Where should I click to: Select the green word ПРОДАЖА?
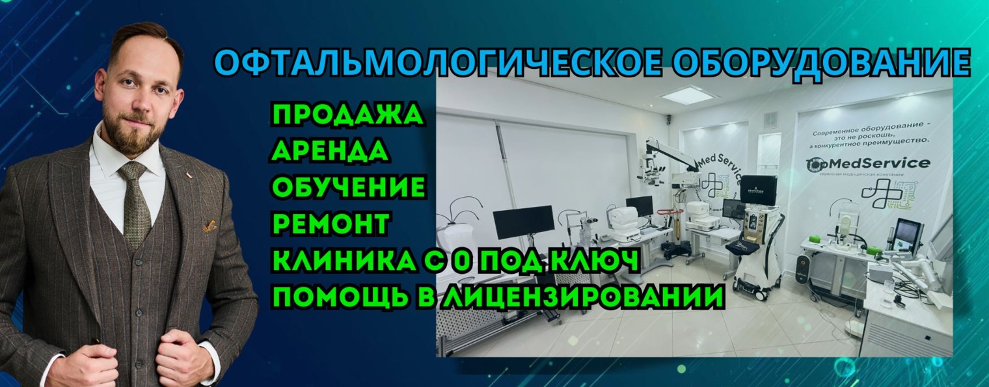tap(347, 115)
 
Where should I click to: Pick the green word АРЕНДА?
tap(331, 151)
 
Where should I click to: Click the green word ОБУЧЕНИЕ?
tap(349, 187)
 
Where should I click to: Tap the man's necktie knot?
tap(133, 172)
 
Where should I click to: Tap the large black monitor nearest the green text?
tap(523, 222)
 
